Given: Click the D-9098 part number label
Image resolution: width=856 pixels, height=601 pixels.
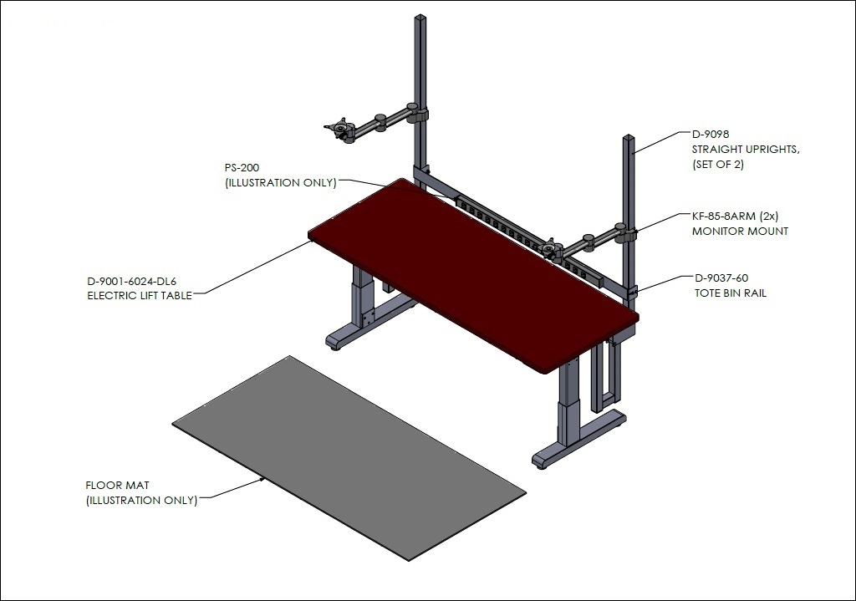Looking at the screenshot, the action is (x=711, y=135).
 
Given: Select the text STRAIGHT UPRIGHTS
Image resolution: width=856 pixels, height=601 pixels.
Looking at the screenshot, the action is (x=746, y=150).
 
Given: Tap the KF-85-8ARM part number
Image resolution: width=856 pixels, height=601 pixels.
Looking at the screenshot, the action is (x=723, y=216).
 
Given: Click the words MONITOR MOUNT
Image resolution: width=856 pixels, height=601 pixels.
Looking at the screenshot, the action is (x=741, y=232).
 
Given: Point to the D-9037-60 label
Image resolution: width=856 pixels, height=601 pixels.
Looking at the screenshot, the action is (x=721, y=278).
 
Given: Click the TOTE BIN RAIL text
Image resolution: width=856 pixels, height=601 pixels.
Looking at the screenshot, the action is (x=731, y=293).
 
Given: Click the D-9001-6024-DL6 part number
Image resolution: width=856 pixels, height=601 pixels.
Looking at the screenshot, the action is (x=131, y=282).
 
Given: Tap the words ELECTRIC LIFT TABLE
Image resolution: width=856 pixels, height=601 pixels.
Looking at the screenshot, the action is (x=140, y=296).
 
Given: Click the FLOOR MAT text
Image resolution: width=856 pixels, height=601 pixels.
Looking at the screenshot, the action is (x=117, y=486).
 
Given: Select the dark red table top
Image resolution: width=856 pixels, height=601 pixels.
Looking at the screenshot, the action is (x=473, y=275).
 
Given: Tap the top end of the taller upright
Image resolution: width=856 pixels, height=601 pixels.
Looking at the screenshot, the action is (x=420, y=17).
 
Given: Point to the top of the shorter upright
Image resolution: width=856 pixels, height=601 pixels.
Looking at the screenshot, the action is (x=629, y=137).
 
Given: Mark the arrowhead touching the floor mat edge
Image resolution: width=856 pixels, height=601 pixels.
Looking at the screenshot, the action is (x=263, y=479).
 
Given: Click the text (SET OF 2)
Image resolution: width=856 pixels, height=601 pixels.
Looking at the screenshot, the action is (x=718, y=165).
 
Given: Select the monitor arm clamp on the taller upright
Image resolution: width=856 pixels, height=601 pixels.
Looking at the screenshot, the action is (x=418, y=114).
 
